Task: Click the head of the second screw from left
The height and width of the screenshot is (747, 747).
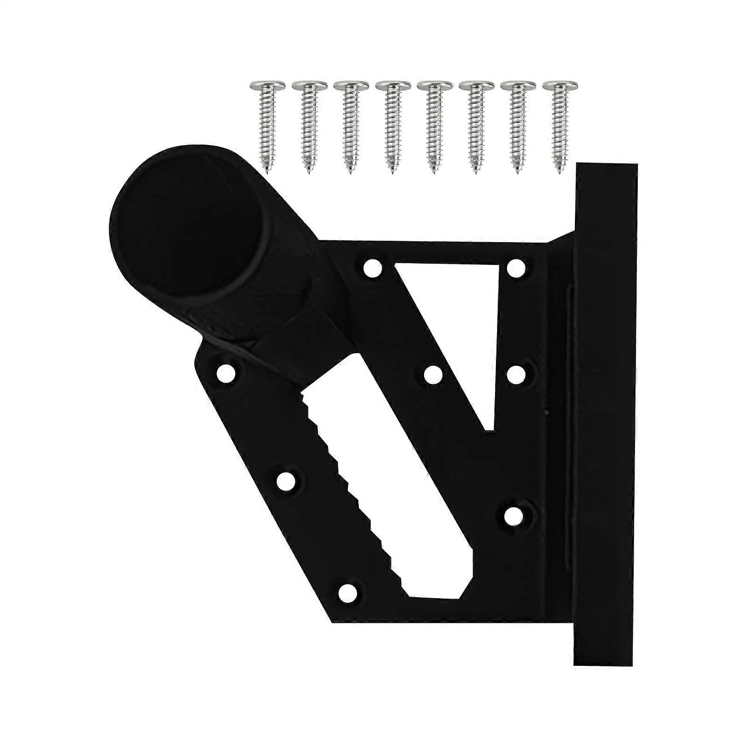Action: tap(308, 86)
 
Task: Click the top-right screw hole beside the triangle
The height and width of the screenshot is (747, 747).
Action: tap(516, 268)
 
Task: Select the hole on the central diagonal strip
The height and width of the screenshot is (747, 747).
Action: tap(433, 374)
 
